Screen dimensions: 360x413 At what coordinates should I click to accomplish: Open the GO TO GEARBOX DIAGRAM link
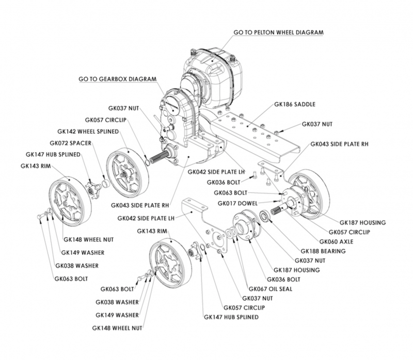point(116,80)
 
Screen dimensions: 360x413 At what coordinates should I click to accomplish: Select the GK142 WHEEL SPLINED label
point(96,132)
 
